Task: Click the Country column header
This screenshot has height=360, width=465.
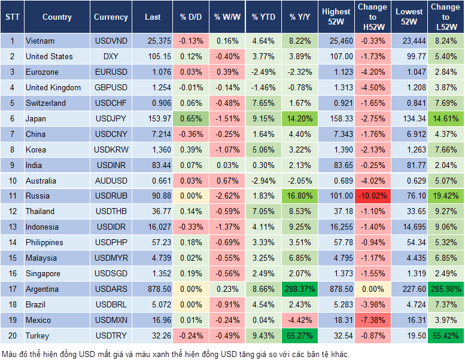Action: pos(57,17)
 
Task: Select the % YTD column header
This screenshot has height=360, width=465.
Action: pos(263,17)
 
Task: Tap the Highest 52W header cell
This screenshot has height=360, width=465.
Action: pos(336,17)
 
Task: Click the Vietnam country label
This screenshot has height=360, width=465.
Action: pos(40,41)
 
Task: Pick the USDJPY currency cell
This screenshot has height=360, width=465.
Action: pos(111,118)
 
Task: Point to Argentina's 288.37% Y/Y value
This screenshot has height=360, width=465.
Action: pos(300,289)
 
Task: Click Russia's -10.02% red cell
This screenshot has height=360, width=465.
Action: pos(372,196)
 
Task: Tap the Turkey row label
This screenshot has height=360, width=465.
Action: pos(38,335)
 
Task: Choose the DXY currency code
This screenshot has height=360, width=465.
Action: pos(111,56)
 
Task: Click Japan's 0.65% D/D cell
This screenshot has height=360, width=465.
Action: pos(190,118)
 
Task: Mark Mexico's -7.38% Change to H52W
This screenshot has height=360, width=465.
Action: pos(372,320)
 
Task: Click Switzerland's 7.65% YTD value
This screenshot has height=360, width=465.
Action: pos(263,103)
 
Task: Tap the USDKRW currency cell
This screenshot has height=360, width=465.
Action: pos(111,150)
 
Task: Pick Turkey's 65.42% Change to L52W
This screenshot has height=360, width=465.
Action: pos(445,335)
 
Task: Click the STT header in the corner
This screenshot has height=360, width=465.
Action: pos(12,17)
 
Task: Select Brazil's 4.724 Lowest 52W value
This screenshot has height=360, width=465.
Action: pos(408,304)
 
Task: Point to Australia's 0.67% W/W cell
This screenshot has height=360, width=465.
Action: pos(226,180)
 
